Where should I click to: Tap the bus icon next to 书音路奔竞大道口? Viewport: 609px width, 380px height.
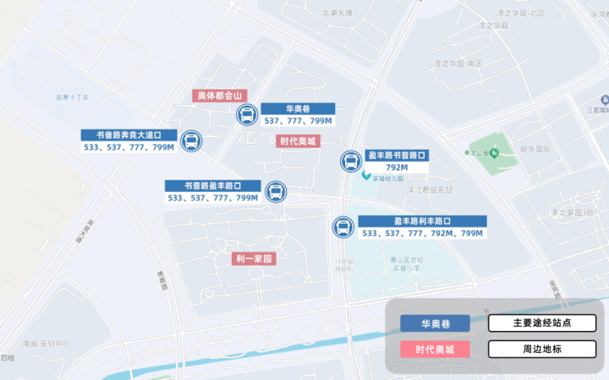click(x=192, y=141)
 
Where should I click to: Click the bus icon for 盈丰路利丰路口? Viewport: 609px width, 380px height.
click(x=343, y=227)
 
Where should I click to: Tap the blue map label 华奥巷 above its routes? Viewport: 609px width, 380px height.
click(x=298, y=109)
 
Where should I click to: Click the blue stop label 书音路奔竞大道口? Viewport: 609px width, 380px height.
click(x=129, y=135)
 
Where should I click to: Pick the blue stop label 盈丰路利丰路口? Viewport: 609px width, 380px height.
click(x=422, y=221)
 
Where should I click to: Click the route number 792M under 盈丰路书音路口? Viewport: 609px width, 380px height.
click(x=397, y=168)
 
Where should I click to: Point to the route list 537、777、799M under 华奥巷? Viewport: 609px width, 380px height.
click(x=298, y=121)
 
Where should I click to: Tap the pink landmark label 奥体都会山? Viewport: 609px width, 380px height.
click(x=220, y=96)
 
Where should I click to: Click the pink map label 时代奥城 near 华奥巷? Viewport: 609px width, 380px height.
click(x=299, y=141)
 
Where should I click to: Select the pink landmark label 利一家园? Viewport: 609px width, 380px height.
click(x=256, y=259)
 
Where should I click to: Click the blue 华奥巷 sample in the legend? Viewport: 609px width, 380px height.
click(x=435, y=324)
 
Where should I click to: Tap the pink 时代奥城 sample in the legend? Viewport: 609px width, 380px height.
click(x=435, y=349)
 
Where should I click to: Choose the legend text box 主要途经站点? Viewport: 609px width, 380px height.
click(x=541, y=323)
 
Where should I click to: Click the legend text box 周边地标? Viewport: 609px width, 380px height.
click(x=541, y=349)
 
